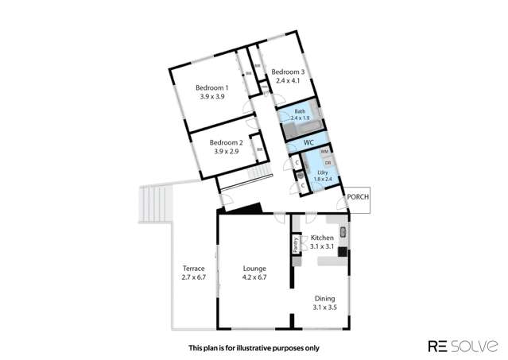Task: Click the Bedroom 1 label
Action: click(213, 87)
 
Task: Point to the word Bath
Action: click(300, 111)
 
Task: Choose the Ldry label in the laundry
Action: click(322, 172)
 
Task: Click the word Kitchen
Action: click(322, 238)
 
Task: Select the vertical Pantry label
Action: click(297, 244)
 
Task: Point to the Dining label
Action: click(324, 298)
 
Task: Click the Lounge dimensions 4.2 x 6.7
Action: click(254, 277)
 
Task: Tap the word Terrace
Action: click(194, 269)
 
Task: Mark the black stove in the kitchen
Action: click(342, 252)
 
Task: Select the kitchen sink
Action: click(342, 232)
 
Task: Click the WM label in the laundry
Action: click(324, 151)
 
